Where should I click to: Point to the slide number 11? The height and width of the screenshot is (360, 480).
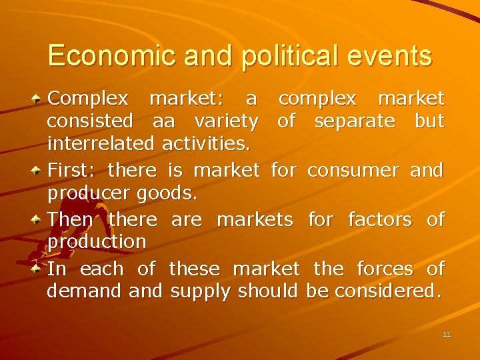(447, 334)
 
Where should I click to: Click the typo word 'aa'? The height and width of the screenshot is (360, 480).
(164, 121)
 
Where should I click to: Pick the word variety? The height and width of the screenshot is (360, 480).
(226, 121)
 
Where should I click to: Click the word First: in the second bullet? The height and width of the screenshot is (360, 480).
(73, 170)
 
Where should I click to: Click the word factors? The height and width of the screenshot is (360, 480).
(380, 219)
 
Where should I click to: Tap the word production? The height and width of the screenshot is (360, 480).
(97, 241)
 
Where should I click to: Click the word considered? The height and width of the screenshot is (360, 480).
(388, 291)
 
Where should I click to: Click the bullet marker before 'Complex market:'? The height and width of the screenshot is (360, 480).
(39, 99)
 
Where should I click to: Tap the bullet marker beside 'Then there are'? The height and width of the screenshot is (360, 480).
(39, 219)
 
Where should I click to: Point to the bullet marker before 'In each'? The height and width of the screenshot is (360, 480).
(39, 269)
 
